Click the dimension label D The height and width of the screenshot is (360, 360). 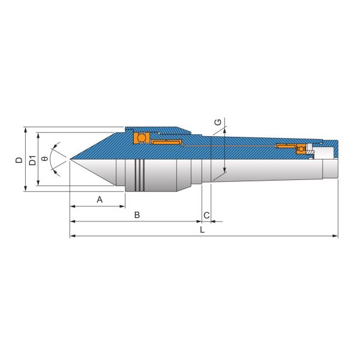coord(19,160)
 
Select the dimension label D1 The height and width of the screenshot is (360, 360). coord(32,160)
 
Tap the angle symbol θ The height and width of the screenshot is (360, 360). coord(45,158)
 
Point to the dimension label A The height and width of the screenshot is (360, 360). coord(100,200)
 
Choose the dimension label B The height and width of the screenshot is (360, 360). coord(137,215)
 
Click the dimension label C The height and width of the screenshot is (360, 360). coord(206,215)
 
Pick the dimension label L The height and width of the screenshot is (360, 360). coord(202,230)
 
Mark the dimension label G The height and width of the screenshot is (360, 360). coord(218,122)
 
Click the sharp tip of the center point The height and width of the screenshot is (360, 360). coord(70,159)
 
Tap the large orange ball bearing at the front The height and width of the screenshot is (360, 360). coord(142,138)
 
